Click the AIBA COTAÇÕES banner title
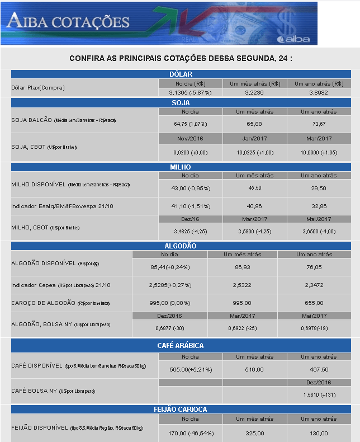(x=68, y=22)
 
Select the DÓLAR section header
(x=181, y=74)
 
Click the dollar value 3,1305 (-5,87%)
(x=190, y=92)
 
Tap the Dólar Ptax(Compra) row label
(x=38, y=88)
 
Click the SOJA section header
(x=181, y=103)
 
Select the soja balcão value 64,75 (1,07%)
(x=190, y=124)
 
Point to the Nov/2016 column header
(x=190, y=137)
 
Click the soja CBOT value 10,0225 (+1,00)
(x=254, y=152)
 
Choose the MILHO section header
(x=181, y=167)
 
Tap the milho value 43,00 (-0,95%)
(x=190, y=188)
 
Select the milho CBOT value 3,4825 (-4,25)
(x=190, y=230)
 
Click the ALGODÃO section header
(x=181, y=246)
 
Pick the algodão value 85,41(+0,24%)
(x=170, y=267)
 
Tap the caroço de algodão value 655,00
(x=314, y=303)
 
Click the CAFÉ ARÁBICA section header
(x=181, y=346)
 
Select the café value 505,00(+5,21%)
(x=190, y=369)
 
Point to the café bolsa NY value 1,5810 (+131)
(x=319, y=394)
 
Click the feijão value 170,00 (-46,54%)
(x=190, y=433)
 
